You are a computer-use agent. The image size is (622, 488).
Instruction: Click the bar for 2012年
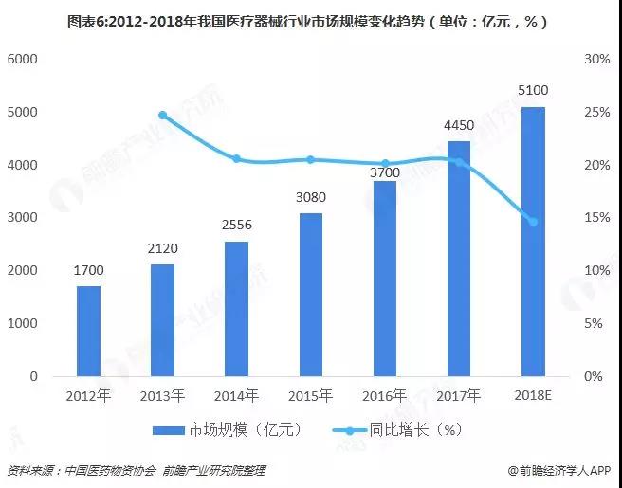point(88,331)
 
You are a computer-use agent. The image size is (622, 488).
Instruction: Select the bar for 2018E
point(533,242)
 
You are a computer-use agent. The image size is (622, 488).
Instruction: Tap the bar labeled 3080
point(310,295)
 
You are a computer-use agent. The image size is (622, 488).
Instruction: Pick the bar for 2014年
point(236,309)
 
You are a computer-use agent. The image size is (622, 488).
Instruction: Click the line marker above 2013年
point(162,115)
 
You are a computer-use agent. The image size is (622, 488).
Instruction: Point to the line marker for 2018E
point(533,222)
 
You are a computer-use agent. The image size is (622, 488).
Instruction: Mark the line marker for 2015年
point(310,160)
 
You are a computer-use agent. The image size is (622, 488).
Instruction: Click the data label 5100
point(533,91)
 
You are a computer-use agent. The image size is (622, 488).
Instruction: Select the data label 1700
point(88,270)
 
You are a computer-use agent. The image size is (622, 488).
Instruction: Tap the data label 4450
point(459,125)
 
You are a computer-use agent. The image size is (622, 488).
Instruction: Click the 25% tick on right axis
point(596,112)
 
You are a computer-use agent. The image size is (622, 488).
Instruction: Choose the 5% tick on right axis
point(596,323)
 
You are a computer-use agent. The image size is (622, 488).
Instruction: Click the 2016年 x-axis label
point(384,395)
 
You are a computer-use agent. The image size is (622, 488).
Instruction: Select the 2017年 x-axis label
point(458,395)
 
